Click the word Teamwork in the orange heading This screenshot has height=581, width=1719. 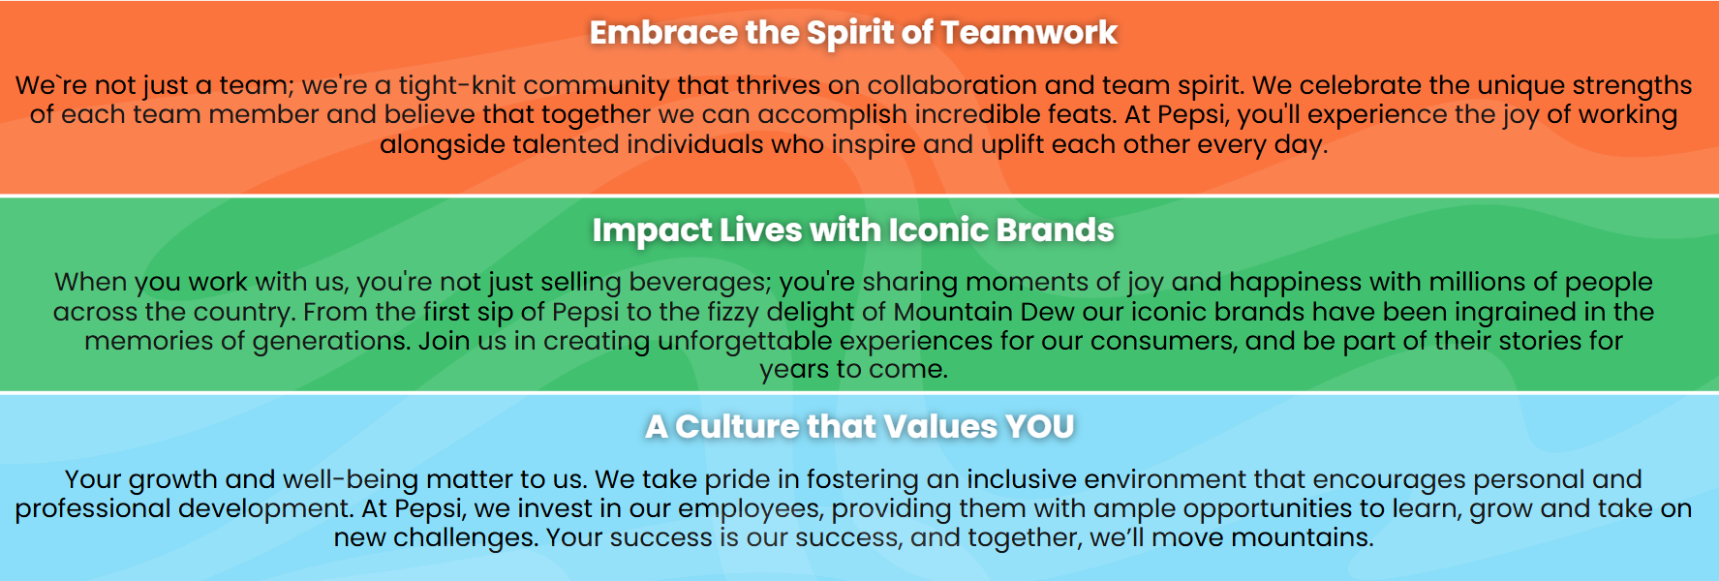pos(1028,33)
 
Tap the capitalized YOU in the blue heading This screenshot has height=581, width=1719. pos(1040,427)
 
